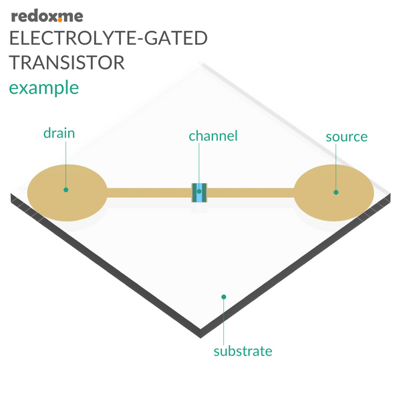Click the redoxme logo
coord(47,17)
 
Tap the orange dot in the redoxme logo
coord(60,21)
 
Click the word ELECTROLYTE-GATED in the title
coord(108,38)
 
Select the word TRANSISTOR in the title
coord(67,62)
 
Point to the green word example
coord(43,88)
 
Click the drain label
coord(59,133)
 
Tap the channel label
coord(213,136)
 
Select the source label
coord(346,137)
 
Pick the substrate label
coord(243,351)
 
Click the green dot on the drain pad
coord(65,190)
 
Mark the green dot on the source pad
coord(336,192)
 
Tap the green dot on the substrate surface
coord(224,297)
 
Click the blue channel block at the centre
coord(199,193)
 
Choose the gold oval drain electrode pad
coord(68,193)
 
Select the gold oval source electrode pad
coord(333,193)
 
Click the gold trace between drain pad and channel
coord(150,193)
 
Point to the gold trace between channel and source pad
coord(251,193)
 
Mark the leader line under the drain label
coord(65,164)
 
